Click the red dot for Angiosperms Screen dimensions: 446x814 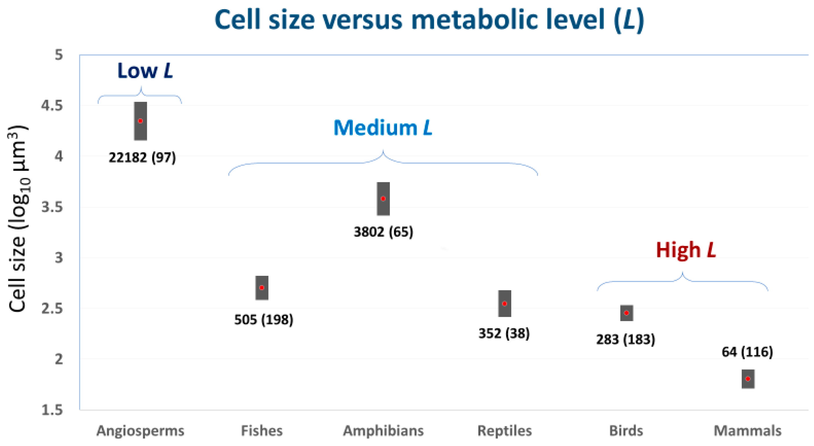click(141, 121)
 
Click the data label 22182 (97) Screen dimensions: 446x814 click(142, 157)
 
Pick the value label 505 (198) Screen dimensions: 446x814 click(264, 320)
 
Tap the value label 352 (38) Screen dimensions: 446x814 click(504, 333)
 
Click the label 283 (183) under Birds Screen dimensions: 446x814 click(626, 339)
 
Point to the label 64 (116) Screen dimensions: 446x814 click(747, 352)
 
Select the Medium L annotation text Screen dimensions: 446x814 click(383, 128)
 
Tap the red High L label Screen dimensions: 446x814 click(686, 250)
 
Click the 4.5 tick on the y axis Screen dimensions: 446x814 click(52, 106)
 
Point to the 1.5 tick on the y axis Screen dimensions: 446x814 click(52, 410)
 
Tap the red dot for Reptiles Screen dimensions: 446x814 click(505, 304)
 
